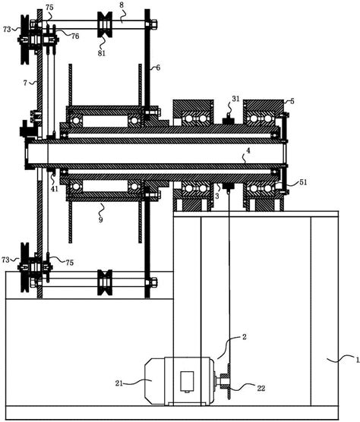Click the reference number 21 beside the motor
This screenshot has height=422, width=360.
(119, 383)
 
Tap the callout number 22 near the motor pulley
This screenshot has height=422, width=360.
(261, 388)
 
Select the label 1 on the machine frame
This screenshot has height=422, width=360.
(358, 360)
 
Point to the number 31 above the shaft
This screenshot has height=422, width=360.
(235, 99)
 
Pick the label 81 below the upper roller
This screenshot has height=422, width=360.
(102, 53)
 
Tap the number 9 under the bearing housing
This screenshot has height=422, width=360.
(100, 220)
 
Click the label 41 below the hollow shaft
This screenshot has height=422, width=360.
(55, 189)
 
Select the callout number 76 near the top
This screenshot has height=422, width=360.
(75, 36)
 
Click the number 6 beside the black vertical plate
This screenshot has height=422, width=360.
(158, 68)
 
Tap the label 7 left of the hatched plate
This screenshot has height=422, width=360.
(25, 83)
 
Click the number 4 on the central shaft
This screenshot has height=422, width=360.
(248, 151)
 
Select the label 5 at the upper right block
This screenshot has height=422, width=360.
(292, 102)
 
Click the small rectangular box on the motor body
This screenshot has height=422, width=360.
(187, 381)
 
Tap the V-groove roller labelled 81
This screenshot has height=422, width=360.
(105, 25)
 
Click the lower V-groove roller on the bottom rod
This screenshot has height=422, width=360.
(105, 282)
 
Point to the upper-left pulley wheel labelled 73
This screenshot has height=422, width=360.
(25, 39)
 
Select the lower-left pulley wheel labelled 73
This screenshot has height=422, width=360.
(25, 267)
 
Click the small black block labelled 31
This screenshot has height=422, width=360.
(229, 121)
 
